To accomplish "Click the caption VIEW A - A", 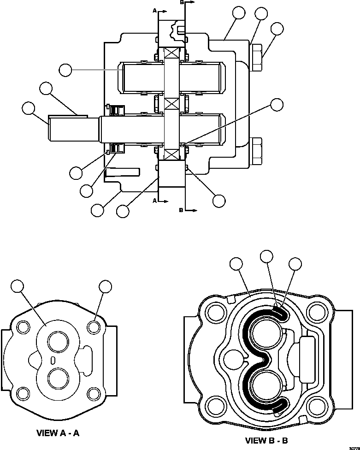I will pos(59,433).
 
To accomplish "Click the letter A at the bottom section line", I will pos(155,201).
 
